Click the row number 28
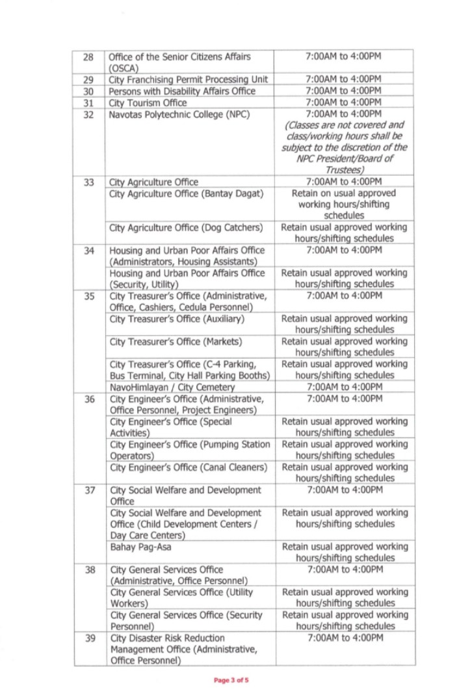pyautogui.click(x=89, y=57)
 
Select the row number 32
pyautogui.click(x=89, y=115)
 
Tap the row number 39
pyautogui.click(x=89, y=638)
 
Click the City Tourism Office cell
pyautogui.click(x=148, y=103)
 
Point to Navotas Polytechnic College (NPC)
pyautogui.click(x=171, y=115)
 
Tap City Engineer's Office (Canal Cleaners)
pyautogui.click(x=189, y=467)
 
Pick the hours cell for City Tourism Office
pyautogui.click(x=344, y=103)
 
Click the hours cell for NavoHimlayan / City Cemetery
pyautogui.click(x=344, y=387)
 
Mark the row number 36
pyautogui.click(x=89, y=398)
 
